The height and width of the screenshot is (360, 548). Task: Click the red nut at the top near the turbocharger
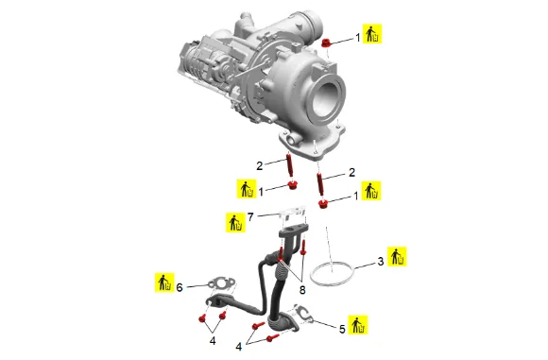pos(326,43)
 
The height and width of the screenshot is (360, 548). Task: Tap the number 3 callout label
pos(381,261)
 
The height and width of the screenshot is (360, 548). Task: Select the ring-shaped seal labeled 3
pos(332,273)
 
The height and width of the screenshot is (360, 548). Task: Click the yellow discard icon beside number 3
pos(397,257)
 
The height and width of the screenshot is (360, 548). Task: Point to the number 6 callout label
pos(180,287)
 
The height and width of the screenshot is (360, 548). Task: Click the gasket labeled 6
pos(222,283)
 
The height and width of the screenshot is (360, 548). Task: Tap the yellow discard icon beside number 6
pos(164,283)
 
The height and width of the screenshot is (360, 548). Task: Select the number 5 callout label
pos(342,329)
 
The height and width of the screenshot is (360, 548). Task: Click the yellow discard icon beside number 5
pos(358,325)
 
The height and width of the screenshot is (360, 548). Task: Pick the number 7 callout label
pos(250,217)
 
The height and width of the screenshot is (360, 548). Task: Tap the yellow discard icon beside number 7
pos(235,222)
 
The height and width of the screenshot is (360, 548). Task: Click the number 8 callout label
pos(302,290)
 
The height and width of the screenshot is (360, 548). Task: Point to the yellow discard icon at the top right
pos(372,34)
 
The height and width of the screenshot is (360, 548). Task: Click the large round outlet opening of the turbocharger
pos(326,99)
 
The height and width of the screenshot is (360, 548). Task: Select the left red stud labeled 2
pos(289,165)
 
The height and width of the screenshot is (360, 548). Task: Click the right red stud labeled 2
pos(320,184)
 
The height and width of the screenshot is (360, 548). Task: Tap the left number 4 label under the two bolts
pos(213,340)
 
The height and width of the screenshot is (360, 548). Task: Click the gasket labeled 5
pos(304,313)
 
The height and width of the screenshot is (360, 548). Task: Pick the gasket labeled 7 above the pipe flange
pos(293,213)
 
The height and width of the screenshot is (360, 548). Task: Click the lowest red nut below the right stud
pos(322,204)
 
